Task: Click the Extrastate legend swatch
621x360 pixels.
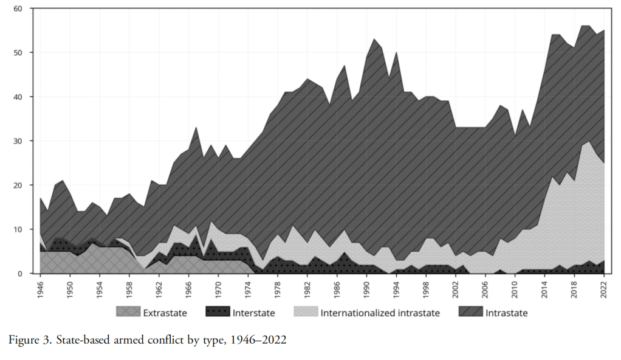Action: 128,313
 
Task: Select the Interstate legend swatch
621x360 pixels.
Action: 216,313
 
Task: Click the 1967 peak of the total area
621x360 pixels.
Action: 196,127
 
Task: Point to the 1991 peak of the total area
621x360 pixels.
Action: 374,39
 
